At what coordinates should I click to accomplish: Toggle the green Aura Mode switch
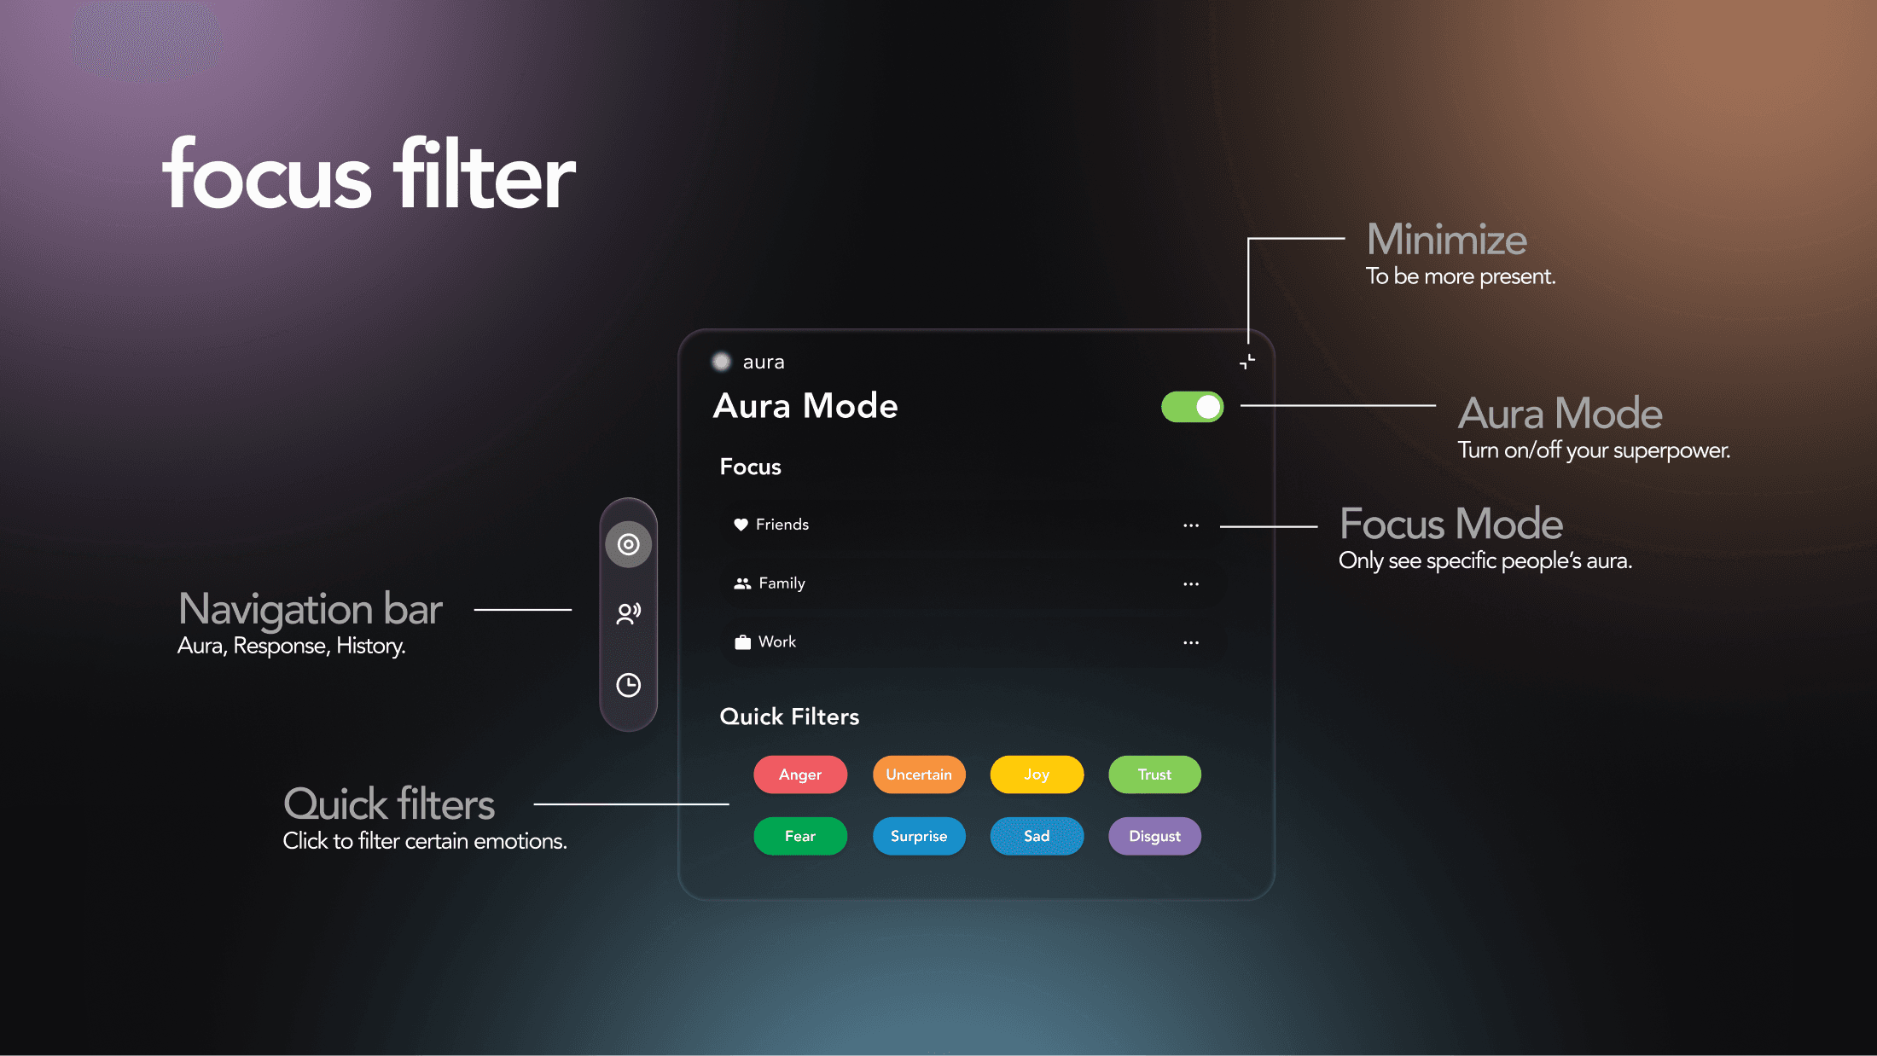coord(1192,407)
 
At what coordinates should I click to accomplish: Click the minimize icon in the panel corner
coord(1246,362)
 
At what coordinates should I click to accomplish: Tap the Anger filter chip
coord(799,775)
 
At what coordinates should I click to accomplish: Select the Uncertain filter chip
coord(918,775)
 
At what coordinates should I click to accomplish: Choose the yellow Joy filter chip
coord(1037,775)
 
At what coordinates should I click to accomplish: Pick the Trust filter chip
coord(1154,775)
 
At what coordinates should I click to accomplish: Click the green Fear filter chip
coord(799,836)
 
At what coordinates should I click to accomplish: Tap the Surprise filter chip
coord(918,836)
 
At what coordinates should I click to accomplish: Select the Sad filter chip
coord(1037,836)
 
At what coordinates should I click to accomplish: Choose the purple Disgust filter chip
coord(1154,836)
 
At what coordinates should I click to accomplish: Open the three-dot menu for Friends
coord(1191,525)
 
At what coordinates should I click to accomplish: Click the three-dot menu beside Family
coord(1191,584)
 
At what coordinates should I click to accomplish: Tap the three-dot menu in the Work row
coord(1191,642)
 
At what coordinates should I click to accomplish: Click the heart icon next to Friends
coord(741,525)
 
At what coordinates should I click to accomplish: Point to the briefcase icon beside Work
coord(742,642)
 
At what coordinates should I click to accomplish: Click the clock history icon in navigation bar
coord(629,685)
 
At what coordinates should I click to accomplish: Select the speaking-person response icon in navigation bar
coord(629,613)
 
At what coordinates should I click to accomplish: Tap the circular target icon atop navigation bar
coord(629,544)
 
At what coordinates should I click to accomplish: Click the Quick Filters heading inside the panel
coord(789,717)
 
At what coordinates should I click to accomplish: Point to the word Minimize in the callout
coord(1446,240)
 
